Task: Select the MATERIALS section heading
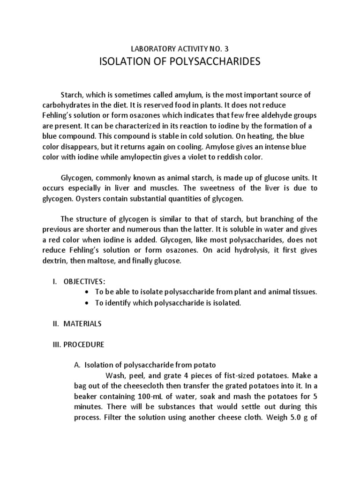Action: tap(83, 324)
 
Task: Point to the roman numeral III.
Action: tap(56, 345)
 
